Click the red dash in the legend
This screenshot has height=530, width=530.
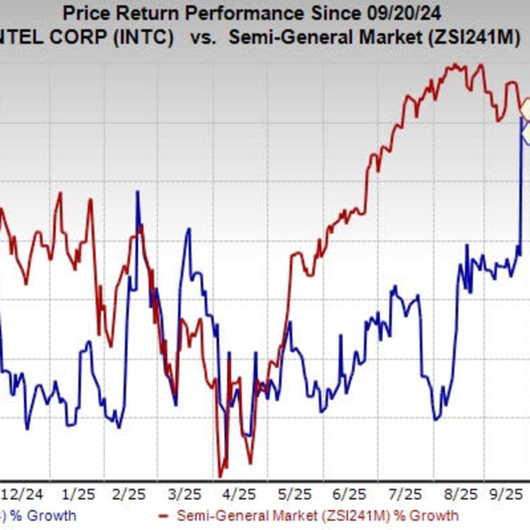click(x=165, y=516)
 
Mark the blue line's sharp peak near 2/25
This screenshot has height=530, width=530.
click(x=137, y=192)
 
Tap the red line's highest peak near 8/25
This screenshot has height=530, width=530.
click(x=455, y=64)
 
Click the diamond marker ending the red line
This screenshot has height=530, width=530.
click(x=527, y=109)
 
